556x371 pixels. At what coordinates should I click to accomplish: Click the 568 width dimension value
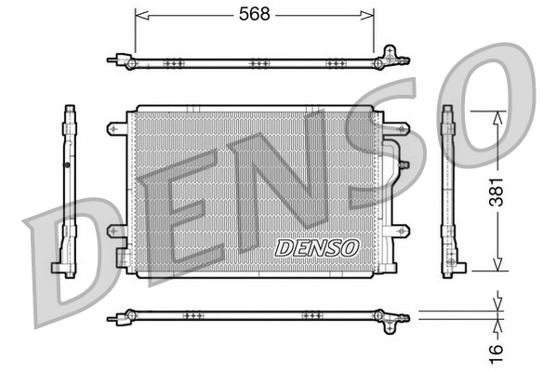tap(254, 15)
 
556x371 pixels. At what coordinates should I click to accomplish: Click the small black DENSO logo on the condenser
tap(317, 247)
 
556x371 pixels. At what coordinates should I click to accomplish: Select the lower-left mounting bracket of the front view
tap(118, 230)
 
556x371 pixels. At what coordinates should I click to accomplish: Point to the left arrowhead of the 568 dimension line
tap(139, 15)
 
